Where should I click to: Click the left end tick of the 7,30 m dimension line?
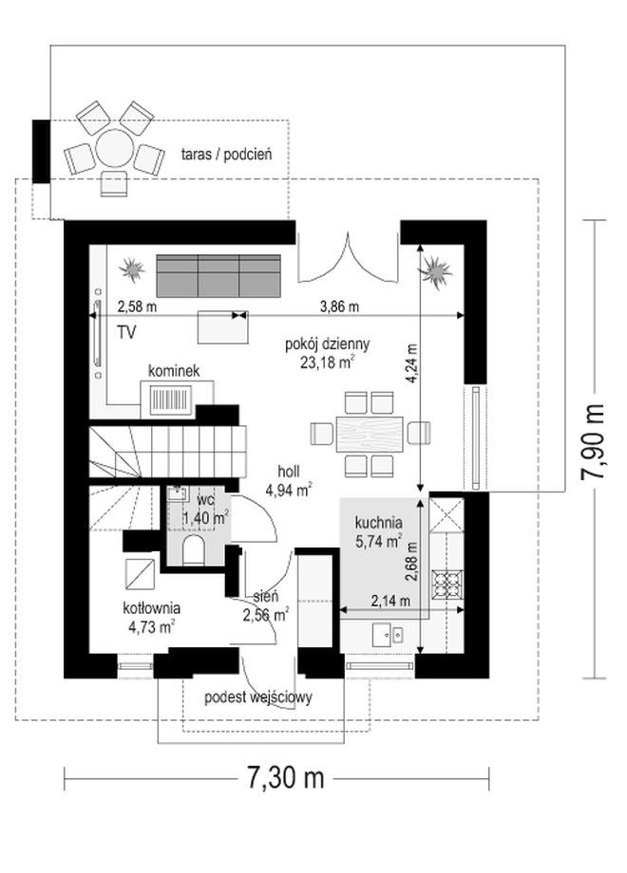(65, 778)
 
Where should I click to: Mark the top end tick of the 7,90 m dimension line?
(594, 220)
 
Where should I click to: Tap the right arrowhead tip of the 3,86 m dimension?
(464, 315)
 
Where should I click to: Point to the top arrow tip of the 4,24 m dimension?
(420, 245)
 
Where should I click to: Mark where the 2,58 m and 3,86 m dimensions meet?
(240, 315)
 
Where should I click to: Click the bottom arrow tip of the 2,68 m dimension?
(420, 654)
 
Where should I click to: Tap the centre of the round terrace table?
(114, 147)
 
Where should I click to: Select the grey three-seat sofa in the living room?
(218, 275)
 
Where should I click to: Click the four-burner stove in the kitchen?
(448, 584)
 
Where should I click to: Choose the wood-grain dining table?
(369, 433)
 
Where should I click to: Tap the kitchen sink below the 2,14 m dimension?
(388, 634)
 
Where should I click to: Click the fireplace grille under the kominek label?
(171, 399)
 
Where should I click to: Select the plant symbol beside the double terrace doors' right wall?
(435, 271)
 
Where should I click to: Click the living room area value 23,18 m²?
(328, 363)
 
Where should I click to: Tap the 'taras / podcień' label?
(226, 155)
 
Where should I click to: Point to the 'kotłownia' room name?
(152, 607)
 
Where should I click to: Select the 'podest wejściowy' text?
(258, 697)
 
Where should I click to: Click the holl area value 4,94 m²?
(288, 490)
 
